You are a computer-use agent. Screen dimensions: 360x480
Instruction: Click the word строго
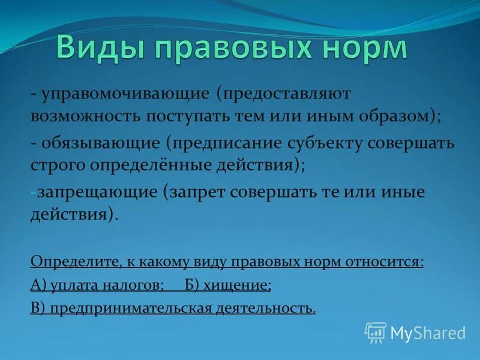[x=58, y=164]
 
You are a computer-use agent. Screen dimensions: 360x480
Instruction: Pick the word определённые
[x=142, y=164]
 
